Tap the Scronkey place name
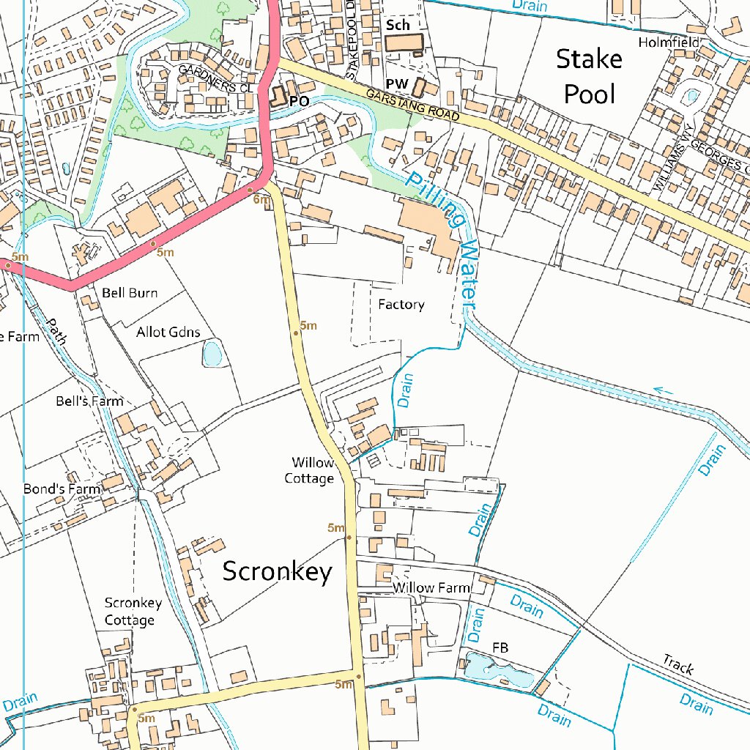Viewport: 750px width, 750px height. pyautogui.click(x=277, y=571)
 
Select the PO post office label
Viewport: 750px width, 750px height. pyautogui.click(x=299, y=101)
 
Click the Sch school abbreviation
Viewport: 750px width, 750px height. pyautogui.click(x=398, y=26)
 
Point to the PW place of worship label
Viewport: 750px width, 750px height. pyautogui.click(x=396, y=85)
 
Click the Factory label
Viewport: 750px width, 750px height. pyautogui.click(x=401, y=304)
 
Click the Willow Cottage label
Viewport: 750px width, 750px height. pyautogui.click(x=313, y=470)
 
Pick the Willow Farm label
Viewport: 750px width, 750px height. pyautogui.click(x=431, y=587)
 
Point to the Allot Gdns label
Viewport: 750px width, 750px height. pyautogui.click(x=168, y=332)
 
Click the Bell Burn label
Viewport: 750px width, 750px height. pyautogui.click(x=130, y=293)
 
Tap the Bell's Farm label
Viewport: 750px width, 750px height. pyautogui.click(x=89, y=401)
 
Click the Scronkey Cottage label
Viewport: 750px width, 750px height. pyautogui.click(x=133, y=612)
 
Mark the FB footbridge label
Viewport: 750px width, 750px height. pyautogui.click(x=500, y=647)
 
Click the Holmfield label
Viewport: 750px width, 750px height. pyautogui.click(x=669, y=42)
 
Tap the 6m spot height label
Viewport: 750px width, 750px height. pyautogui.click(x=261, y=199)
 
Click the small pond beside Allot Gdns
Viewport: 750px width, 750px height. pyautogui.click(x=212, y=354)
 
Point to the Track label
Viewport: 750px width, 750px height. pyautogui.click(x=677, y=664)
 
